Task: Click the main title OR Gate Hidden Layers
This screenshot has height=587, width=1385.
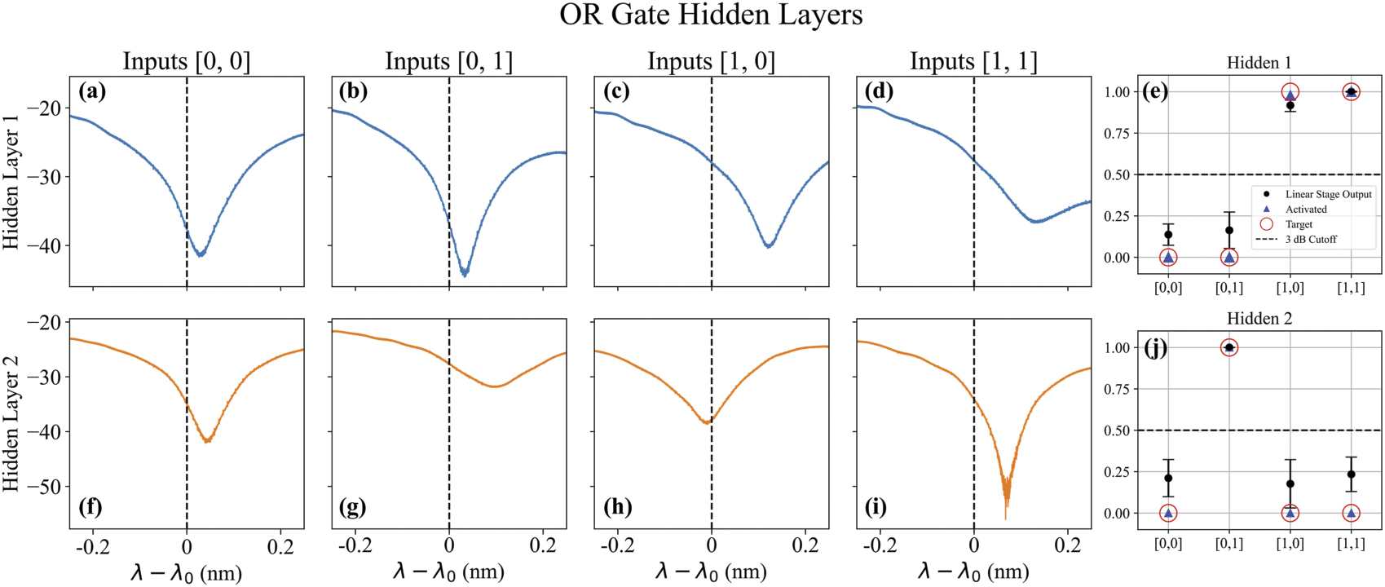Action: click(x=710, y=15)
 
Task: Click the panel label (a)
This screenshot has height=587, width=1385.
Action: click(x=92, y=91)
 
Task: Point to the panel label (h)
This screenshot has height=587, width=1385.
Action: click(x=617, y=507)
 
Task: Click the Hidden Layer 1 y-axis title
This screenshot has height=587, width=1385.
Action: click(x=11, y=181)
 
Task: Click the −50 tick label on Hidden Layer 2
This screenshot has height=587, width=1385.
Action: click(x=45, y=487)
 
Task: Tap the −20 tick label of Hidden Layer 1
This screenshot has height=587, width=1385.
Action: click(x=45, y=108)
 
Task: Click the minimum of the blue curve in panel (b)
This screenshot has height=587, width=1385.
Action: click(x=464, y=275)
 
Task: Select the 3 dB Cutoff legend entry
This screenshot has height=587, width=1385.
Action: click(x=1311, y=240)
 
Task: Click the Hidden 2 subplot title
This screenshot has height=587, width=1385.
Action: click(x=1259, y=319)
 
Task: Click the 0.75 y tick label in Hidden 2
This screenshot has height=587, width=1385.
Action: click(x=1117, y=390)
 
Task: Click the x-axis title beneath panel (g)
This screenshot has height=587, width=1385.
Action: click(x=448, y=572)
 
